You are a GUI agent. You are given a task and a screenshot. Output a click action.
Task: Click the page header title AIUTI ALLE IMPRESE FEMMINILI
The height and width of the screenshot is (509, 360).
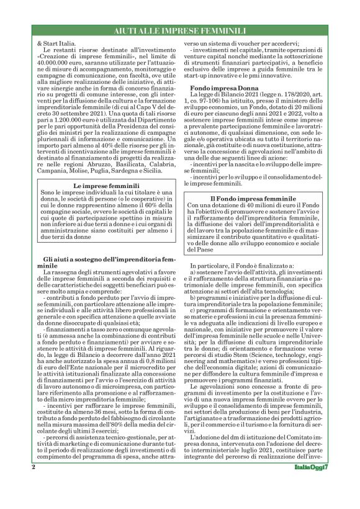(x=180, y=30)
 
